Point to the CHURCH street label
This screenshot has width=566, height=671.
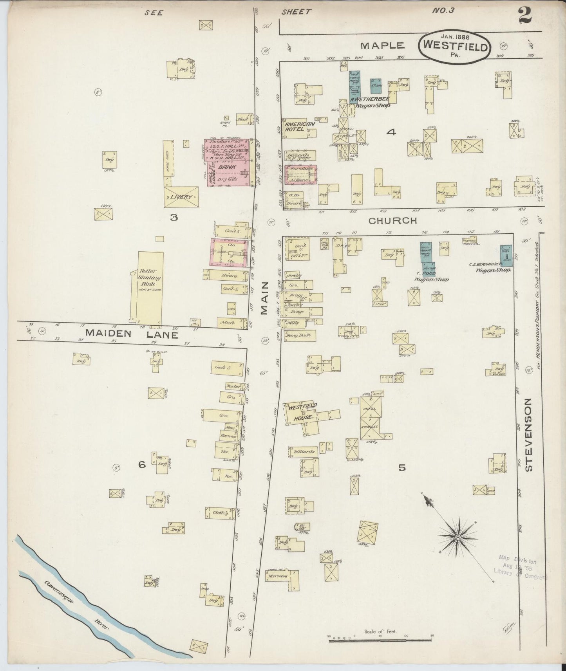pos(393,220)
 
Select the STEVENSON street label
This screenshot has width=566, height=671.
pos(528,435)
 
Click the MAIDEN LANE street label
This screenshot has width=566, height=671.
pos(132,334)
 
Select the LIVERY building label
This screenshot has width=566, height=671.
pos(181,197)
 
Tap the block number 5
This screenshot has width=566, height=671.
pos(401,467)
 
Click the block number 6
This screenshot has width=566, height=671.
pos(142,465)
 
